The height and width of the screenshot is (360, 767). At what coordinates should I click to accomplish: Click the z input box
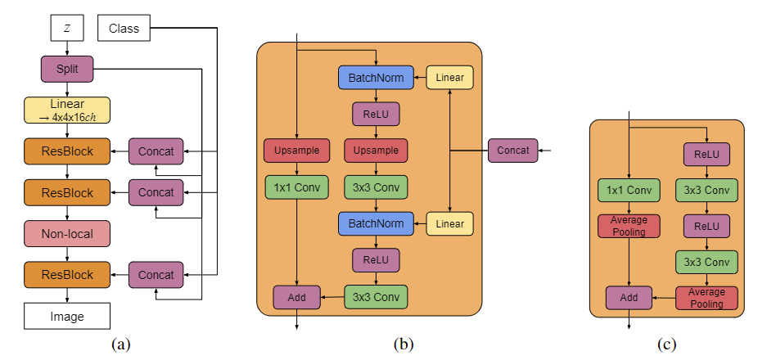[67, 29]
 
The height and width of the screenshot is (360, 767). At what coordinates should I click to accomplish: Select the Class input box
[124, 29]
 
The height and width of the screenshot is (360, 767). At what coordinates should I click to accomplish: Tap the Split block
[67, 69]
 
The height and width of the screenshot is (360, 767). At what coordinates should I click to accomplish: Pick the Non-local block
[67, 234]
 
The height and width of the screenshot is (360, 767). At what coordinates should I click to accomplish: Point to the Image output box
[67, 315]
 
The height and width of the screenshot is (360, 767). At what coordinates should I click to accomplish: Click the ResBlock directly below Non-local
[67, 275]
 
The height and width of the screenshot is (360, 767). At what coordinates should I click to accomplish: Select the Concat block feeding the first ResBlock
[156, 151]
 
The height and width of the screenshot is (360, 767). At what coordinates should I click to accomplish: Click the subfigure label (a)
[121, 344]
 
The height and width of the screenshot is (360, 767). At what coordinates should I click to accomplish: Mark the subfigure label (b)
[403, 344]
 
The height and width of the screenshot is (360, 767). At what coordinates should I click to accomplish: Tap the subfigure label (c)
[667, 344]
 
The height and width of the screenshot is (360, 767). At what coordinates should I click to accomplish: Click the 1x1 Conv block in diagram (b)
[296, 187]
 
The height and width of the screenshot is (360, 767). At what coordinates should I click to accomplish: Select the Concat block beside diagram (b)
[513, 151]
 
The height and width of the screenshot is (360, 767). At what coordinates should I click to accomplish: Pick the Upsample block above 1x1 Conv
[296, 151]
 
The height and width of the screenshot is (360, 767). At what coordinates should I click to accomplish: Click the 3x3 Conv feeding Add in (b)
[376, 296]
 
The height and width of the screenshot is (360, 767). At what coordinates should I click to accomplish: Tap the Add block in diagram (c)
[629, 298]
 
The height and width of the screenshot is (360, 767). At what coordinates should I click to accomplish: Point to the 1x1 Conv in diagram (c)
[629, 191]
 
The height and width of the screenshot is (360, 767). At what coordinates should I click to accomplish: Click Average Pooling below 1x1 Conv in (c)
[629, 226]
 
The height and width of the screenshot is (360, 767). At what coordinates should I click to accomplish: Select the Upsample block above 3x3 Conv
[376, 151]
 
